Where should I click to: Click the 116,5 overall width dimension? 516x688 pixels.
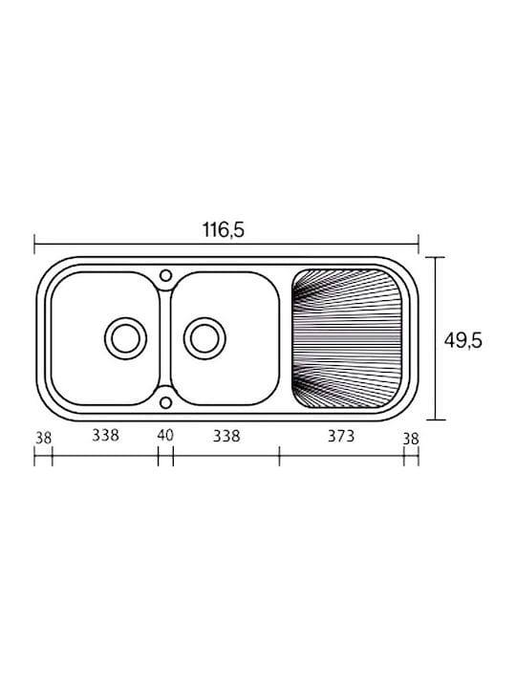[223, 230]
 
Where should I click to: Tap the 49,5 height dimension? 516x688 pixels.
[462, 341]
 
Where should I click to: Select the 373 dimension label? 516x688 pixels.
[341, 436]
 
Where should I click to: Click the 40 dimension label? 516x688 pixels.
[165, 436]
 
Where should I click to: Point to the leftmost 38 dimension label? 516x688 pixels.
[43, 438]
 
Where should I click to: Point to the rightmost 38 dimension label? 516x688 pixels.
[411, 439]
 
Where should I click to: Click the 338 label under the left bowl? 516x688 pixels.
[105, 436]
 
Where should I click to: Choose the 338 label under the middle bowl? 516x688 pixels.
[226, 436]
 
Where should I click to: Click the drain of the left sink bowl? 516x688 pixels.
[126, 338]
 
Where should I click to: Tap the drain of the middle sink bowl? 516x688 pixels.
[204, 338]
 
